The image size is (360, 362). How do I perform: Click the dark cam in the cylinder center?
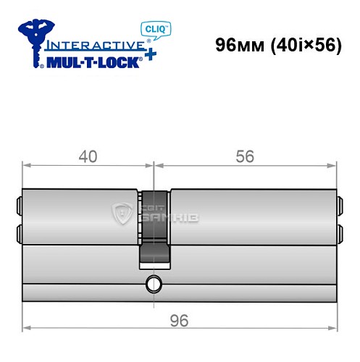pos(154,224)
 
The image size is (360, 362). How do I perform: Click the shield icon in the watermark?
pos(120,213)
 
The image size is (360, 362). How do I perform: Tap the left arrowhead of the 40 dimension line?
pos(26,164)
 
